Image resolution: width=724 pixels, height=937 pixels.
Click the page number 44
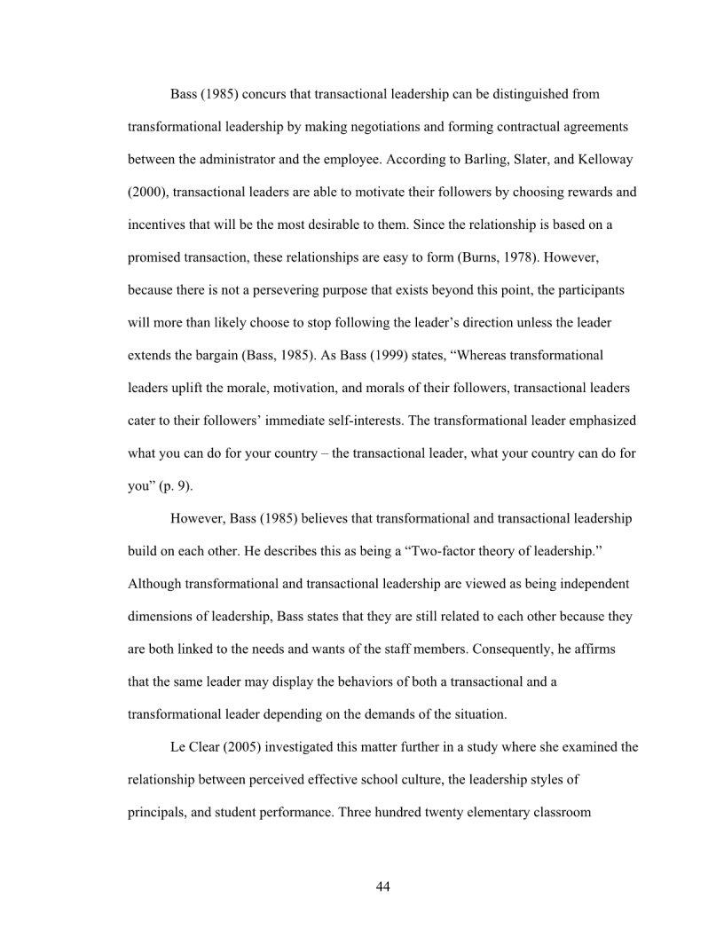point(383,886)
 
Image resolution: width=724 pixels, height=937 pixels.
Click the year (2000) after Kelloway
point(148,192)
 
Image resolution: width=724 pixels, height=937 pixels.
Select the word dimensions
point(162,617)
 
